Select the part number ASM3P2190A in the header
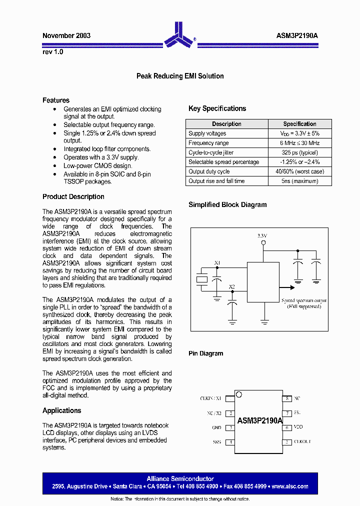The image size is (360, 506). (x=297, y=36)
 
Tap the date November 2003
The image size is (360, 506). (x=66, y=36)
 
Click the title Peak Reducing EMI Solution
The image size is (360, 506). (x=180, y=76)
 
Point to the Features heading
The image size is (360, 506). (x=56, y=100)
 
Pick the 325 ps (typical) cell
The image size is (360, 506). (x=299, y=152)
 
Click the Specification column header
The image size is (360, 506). (x=299, y=124)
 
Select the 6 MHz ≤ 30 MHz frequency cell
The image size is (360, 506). (x=299, y=143)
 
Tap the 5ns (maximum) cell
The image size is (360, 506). (x=299, y=181)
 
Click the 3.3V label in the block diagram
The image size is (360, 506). (x=262, y=235)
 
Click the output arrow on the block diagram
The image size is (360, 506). (x=287, y=287)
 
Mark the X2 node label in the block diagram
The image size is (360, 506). (x=232, y=286)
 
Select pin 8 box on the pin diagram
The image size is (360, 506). (x=287, y=398)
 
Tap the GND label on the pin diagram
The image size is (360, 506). (x=216, y=428)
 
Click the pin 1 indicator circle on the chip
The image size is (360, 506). (x=239, y=395)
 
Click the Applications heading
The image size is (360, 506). (x=62, y=410)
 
